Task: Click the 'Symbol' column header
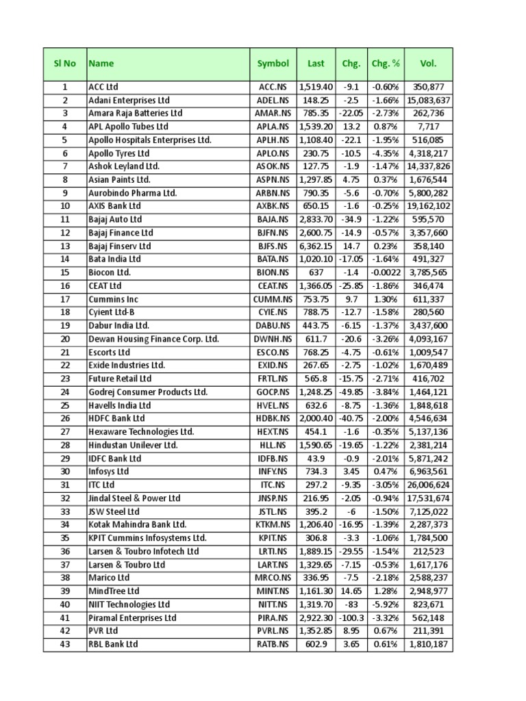[273, 64]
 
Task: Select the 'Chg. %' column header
[386, 64]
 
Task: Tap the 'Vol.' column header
[428, 64]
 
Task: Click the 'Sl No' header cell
[64, 64]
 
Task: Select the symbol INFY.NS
[273, 472]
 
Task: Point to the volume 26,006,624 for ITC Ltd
[429, 485]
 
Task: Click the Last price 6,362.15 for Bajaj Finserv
[316, 246]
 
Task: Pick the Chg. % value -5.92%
[386, 604]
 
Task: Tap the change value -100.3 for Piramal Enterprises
[351, 617]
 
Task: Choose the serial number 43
[64, 644]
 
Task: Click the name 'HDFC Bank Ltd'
[116, 418]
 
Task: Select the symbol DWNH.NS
[273, 339]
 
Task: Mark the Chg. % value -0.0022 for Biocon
[386, 272]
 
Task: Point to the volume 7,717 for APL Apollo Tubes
[429, 127]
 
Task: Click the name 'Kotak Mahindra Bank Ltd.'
[137, 524]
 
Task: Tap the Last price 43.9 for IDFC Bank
[316, 458]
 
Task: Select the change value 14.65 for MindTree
[351, 591]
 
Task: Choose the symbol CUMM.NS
[273, 299]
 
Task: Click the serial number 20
[64, 339]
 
